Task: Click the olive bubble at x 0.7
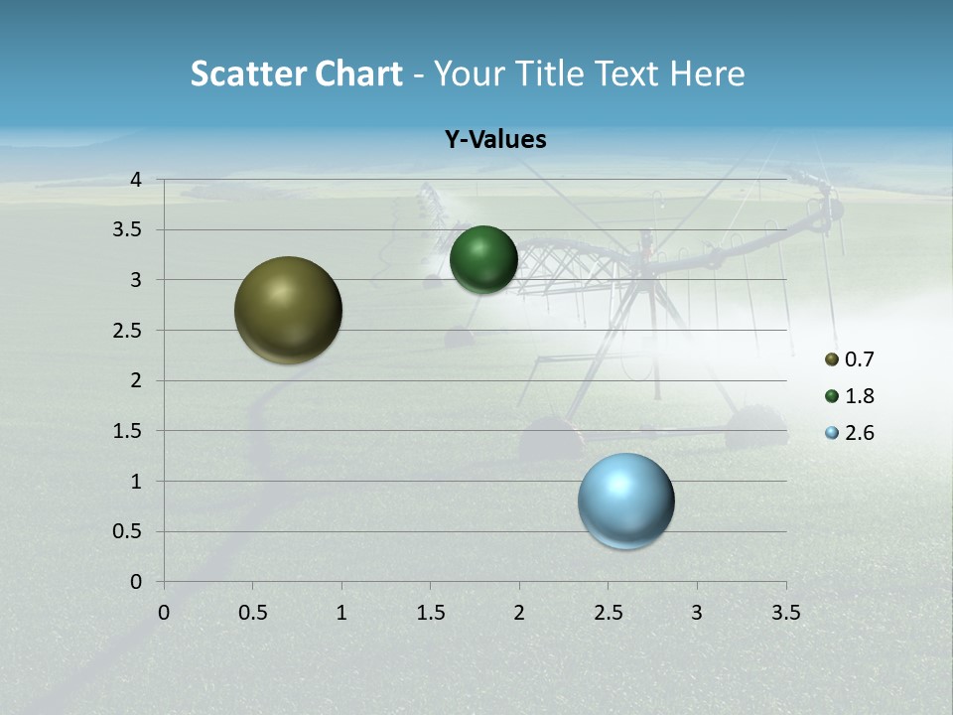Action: [289, 310]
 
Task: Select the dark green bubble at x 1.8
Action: [483, 259]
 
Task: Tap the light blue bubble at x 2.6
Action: [626, 500]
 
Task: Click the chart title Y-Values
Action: [494, 140]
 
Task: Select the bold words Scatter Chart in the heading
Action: [297, 73]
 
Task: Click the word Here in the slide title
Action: [707, 73]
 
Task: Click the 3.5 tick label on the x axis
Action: [785, 613]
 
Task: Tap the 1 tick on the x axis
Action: [341, 613]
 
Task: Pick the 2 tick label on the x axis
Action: [519, 613]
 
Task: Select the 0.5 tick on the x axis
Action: [252, 613]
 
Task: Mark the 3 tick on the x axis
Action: [697, 613]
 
